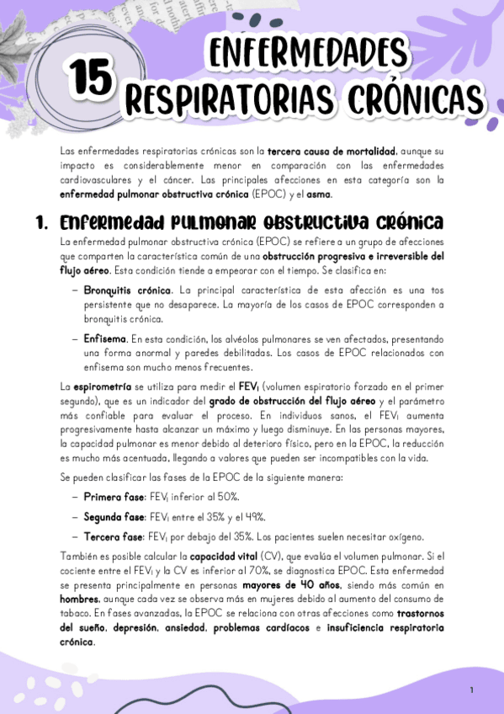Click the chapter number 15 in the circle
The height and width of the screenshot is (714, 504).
pyautogui.click(x=90, y=78)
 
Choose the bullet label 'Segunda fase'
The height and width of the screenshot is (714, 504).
pyautogui.click(x=114, y=516)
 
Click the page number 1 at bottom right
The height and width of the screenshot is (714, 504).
pyautogui.click(x=472, y=690)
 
